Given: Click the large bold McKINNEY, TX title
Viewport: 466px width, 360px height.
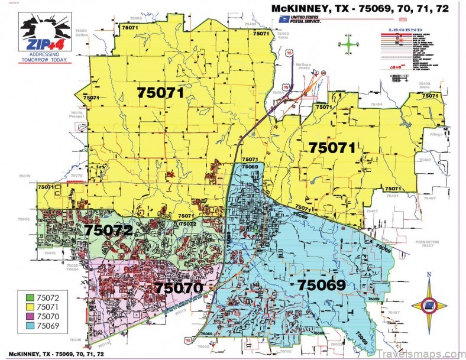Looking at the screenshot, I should pos(359,8).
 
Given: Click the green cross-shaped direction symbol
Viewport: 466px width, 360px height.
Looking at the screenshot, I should pos(350,44).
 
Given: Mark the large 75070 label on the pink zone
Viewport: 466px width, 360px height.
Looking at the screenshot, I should pos(179,288).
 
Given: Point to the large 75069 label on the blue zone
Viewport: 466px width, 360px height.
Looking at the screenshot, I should pos(321,285).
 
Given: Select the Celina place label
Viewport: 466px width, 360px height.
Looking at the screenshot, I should pos(82,35).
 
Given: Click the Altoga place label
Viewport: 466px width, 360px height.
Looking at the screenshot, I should pos(436,134).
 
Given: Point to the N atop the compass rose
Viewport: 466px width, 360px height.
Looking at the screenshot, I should pos(429,274).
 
